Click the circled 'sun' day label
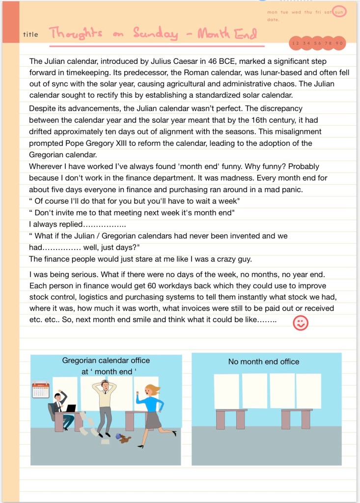point(339,12)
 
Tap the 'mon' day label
point(272,12)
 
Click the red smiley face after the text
point(300,323)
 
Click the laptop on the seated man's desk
point(70,408)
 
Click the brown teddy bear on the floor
point(125,439)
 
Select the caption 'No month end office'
point(264,362)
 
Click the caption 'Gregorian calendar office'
point(106,361)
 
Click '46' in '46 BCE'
point(206,61)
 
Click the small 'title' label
point(30,34)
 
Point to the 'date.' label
point(273,20)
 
